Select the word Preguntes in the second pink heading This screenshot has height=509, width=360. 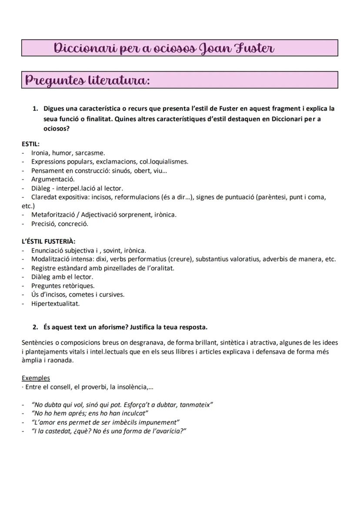click(x=54, y=80)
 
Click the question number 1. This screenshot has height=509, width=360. click(x=35, y=108)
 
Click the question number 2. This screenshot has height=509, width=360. click(x=35, y=327)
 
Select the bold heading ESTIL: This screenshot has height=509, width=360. click(x=30, y=144)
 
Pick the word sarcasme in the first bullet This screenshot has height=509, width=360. click(x=90, y=153)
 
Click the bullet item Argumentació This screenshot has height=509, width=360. click(x=53, y=179)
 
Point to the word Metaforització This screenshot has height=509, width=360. click(x=53, y=215)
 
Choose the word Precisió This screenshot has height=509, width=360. click(x=43, y=224)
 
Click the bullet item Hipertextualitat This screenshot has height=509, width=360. click(x=55, y=303)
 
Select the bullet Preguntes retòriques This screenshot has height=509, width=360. click(x=63, y=286)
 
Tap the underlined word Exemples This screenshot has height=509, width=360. click(x=36, y=378)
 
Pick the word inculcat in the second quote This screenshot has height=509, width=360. click(x=133, y=413)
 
